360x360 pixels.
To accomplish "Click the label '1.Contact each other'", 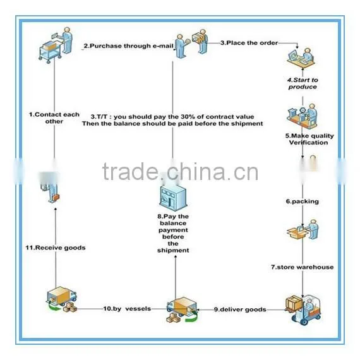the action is tap(54, 118).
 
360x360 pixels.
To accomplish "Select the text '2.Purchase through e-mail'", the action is tap(128, 46).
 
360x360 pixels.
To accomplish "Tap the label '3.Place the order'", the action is tap(249, 43).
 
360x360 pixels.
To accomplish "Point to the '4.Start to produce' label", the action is tap(303, 83).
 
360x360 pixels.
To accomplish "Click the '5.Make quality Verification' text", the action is tap(309, 139).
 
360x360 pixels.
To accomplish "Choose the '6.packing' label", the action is tap(303, 201).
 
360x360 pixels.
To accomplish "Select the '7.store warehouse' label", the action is tap(302, 267).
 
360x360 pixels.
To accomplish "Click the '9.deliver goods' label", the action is tap(240, 309).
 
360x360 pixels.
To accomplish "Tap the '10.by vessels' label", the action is tap(127, 309).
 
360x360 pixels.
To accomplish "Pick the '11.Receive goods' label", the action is tap(56, 248).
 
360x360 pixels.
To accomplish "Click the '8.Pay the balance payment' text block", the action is tap(173, 233).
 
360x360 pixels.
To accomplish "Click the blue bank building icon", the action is tap(173, 198).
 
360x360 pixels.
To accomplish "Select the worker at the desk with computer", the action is tap(301, 59).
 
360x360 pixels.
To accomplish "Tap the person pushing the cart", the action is tap(56, 45).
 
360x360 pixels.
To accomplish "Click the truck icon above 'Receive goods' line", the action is tap(61, 299).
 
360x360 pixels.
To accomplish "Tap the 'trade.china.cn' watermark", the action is tap(180, 172).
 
